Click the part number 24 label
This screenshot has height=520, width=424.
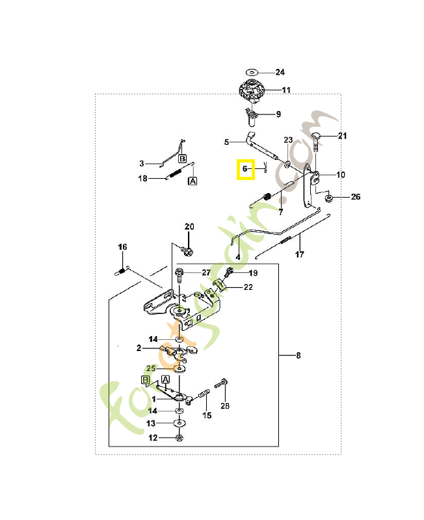(280, 72)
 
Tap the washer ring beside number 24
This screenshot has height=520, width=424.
(252, 72)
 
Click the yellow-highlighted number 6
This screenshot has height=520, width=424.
(245, 169)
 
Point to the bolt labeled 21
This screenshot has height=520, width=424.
(315, 141)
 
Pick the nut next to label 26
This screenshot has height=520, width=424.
(329, 198)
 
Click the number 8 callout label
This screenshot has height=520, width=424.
(298, 356)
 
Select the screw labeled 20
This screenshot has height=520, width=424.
(187, 250)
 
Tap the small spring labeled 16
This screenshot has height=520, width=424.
(122, 271)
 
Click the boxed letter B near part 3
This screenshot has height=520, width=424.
(182, 159)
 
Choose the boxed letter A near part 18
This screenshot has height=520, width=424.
(192, 181)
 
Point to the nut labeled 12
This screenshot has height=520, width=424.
(179, 437)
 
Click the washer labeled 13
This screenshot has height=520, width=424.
(179, 424)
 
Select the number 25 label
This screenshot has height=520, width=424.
(151, 369)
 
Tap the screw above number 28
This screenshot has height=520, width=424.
(221, 383)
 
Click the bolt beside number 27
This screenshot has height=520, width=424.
(179, 275)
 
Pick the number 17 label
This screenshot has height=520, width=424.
(300, 254)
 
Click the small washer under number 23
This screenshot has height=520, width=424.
(287, 164)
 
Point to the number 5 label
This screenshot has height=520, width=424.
(226, 142)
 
